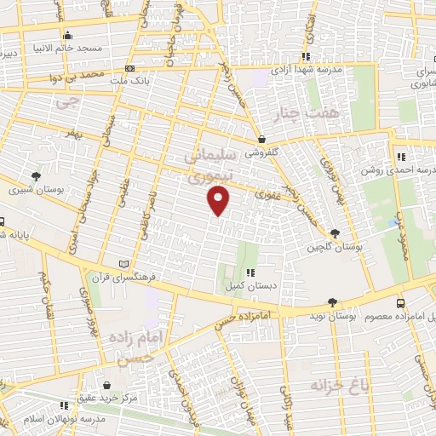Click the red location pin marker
pyautogui.click(x=219, y=201)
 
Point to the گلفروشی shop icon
pyautogui.click(x=261, y=139)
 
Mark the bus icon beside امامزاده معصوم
pyautogui.click(x=400, y=302)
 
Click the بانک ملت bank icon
pyautogui.click(x=129, y=68)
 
